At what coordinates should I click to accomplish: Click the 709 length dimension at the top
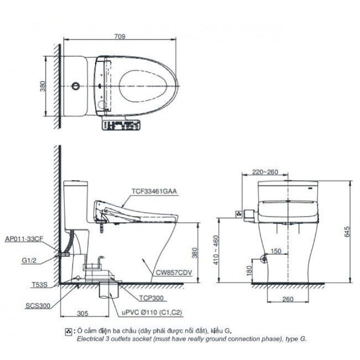click(x=120, y=36)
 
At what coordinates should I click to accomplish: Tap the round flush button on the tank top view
click(x=75, y=86)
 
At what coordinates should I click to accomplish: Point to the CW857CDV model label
click(x=173, y=273)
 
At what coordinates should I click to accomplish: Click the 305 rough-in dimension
click(x=83, y=313)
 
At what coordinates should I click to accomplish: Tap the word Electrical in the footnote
click(x=90, y=338)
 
